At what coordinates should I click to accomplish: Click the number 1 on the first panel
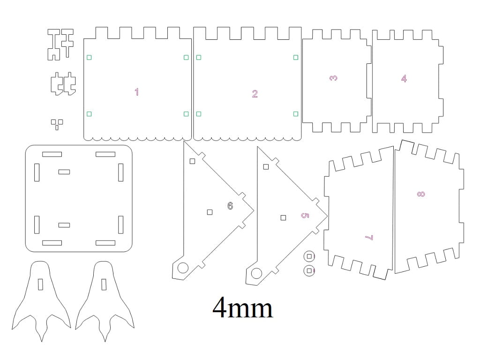click(137, 92)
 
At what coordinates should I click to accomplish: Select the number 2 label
click(255, 94)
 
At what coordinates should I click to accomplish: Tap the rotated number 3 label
click(334, 78)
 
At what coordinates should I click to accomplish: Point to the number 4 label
click(404, 79)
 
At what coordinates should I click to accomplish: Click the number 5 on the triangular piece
click(305, 216)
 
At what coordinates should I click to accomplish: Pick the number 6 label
click(230, 206)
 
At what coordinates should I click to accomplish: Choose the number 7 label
click(369, 238)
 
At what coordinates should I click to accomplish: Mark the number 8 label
click(421, 194)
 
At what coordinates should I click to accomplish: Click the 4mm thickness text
click(242, 308)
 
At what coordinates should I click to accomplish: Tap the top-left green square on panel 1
click(89, 57)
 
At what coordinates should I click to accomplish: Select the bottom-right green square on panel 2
click(295, 114)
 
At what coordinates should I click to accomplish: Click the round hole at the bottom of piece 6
click(183, 268)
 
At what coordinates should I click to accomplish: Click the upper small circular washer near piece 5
click(309, 256)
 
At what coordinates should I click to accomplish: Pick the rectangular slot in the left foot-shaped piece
click(40, 285)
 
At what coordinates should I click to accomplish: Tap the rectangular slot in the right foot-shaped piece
click(104, 285)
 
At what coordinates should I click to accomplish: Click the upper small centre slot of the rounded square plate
click(64, 172)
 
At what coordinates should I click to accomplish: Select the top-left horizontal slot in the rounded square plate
click(52, 154)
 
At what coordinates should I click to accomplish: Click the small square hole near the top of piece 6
click(192, 161)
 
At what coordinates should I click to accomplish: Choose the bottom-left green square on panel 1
click(89, 114)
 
